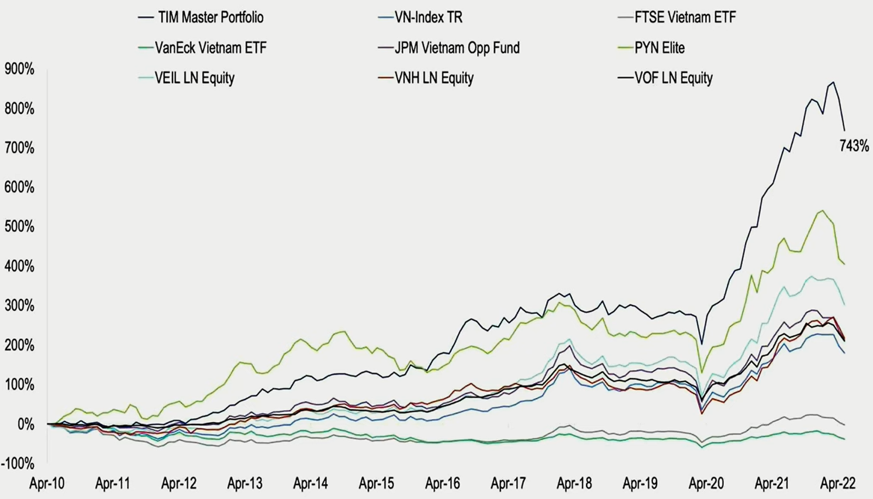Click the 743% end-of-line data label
[854, 147]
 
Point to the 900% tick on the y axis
[19, 69]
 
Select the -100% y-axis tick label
[18, 463]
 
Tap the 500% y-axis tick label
[19, 227]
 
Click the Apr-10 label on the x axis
[47, 484]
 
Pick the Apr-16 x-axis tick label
[442, 484]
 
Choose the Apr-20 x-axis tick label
[706, 484]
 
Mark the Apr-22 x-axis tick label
[838, 484]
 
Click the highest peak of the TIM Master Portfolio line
[833, 82]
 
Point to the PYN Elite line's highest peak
[823, 211]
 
